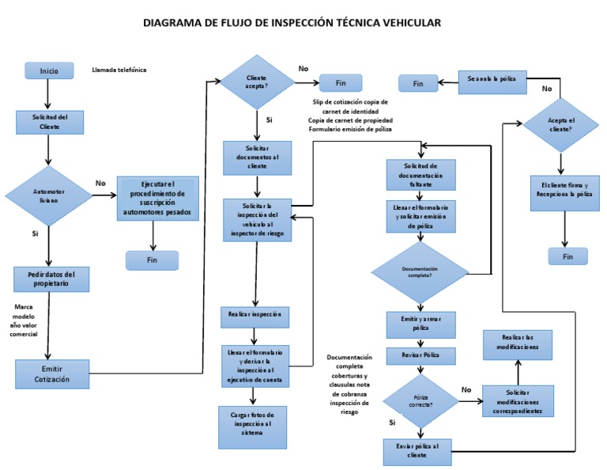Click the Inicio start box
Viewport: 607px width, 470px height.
[49, 70]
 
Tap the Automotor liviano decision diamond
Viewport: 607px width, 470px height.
[49, 195]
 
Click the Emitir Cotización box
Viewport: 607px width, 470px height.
[52, 373]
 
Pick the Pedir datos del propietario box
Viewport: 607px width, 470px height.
[51, 279]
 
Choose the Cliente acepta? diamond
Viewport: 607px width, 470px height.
[257, 82]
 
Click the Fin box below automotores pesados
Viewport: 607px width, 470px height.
[152, 260]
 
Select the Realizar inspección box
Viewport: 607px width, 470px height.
[254, 315]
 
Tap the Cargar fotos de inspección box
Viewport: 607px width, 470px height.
[252, 427]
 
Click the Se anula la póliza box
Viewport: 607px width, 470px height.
[492, 80]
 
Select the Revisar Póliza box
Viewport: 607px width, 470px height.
[420, 355]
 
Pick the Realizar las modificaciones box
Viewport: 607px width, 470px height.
[518, 344]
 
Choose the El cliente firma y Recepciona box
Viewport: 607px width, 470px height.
[560, 189]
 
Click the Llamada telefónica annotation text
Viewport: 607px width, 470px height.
[119, 70]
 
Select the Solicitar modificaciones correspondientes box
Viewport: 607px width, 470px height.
[518, 402]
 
